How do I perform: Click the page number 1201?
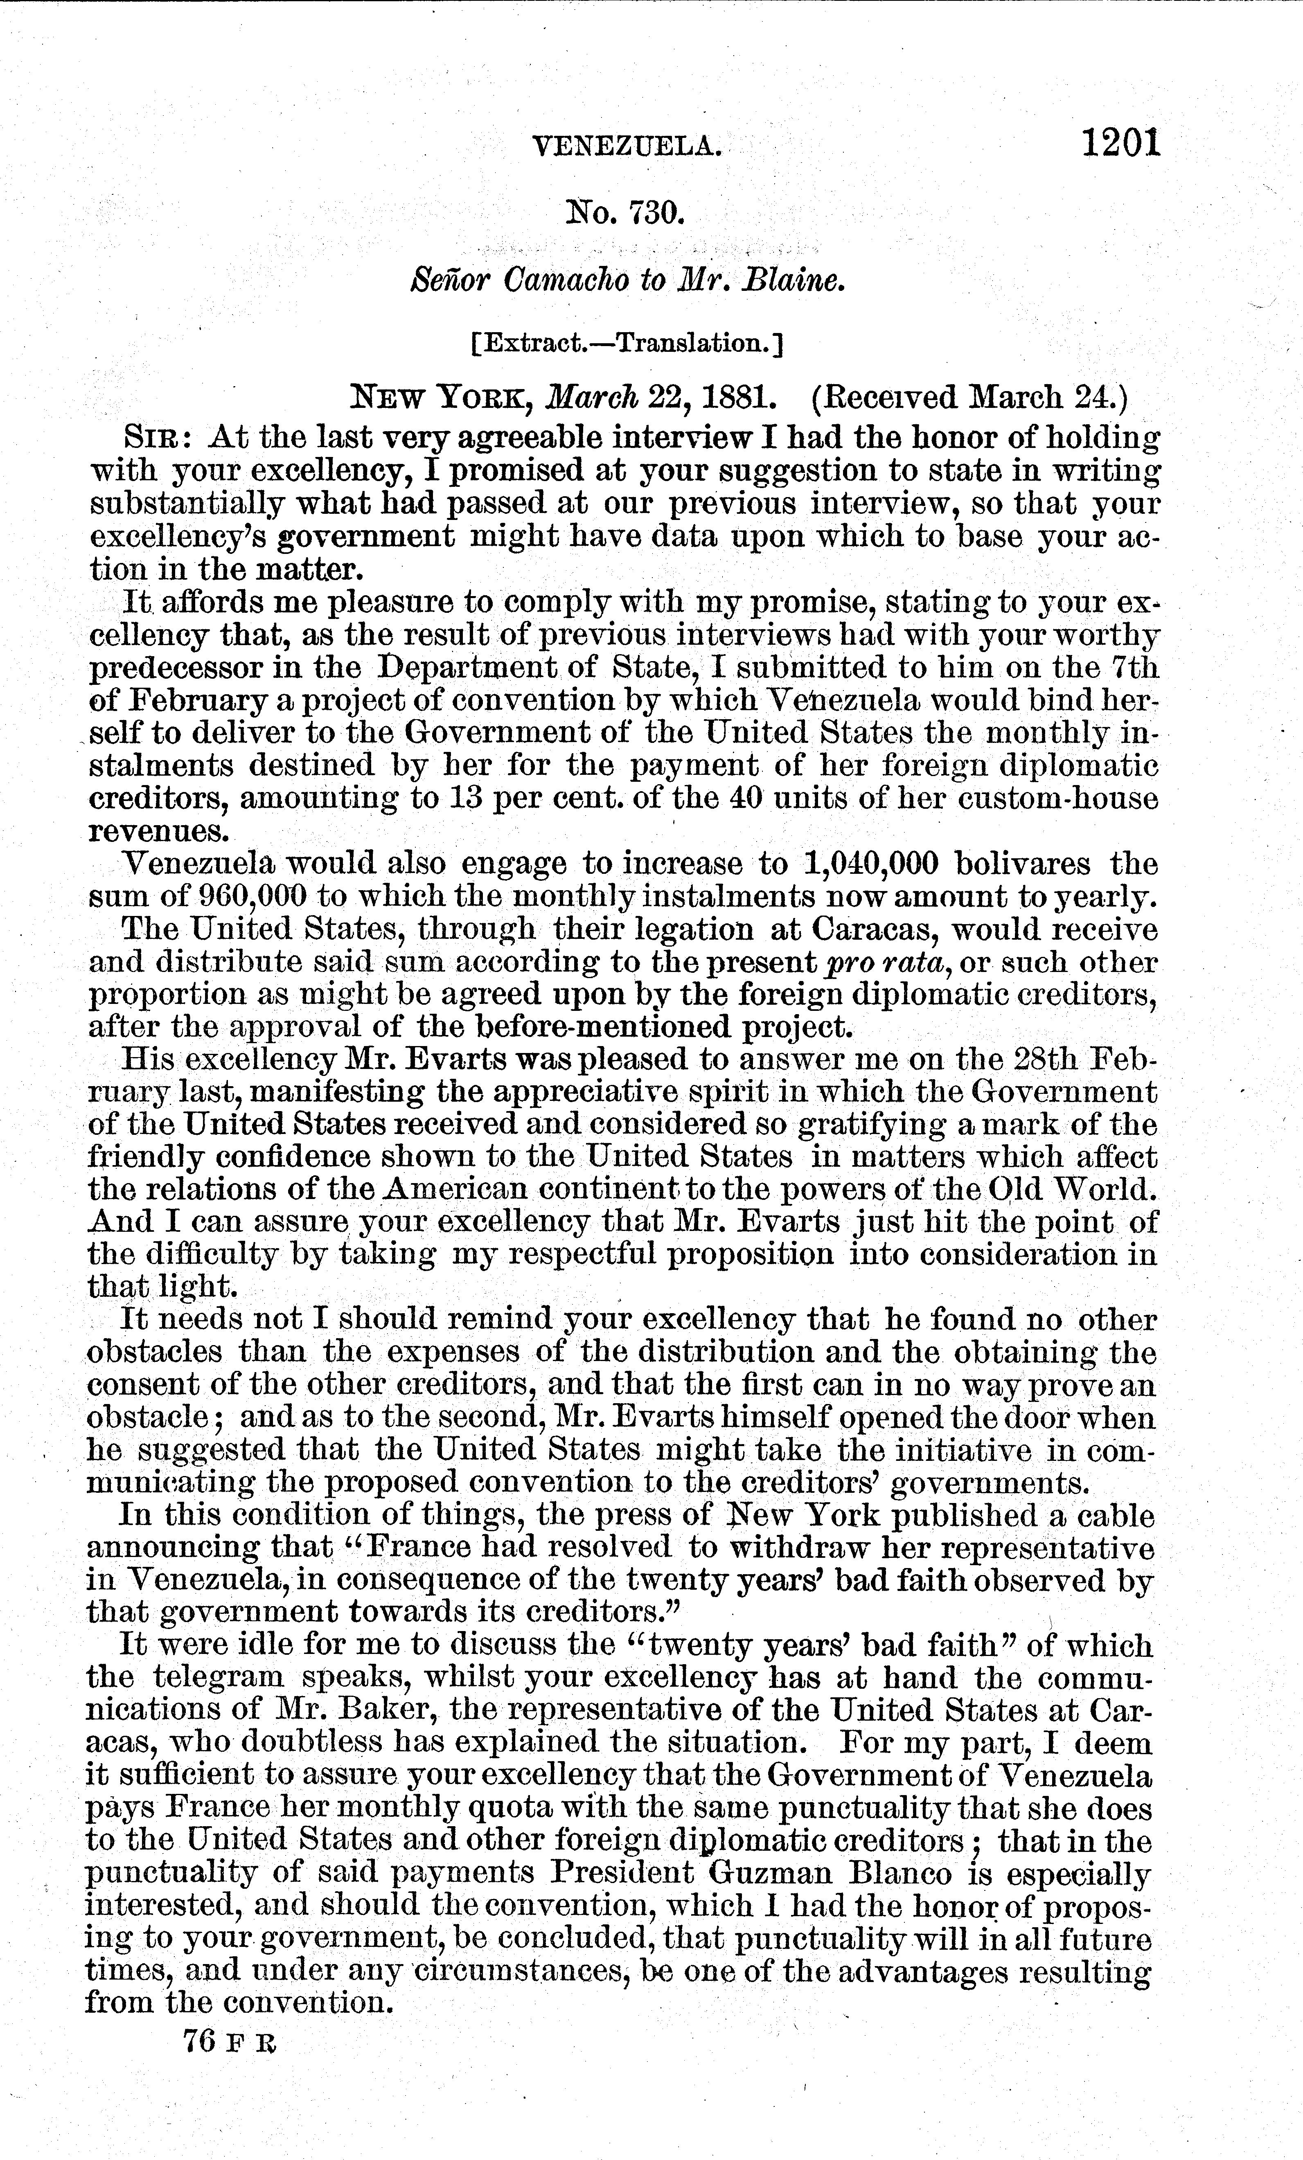(x=1120, y=143)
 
